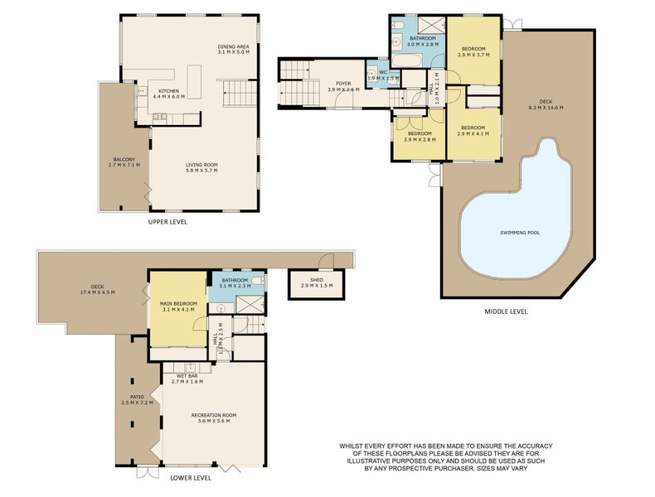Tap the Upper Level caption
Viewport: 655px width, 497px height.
click(167, 222)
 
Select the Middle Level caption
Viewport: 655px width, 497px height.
click(506, 311)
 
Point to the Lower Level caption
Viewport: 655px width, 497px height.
click(191, 478)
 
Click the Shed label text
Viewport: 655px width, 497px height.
click(316, 280)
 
